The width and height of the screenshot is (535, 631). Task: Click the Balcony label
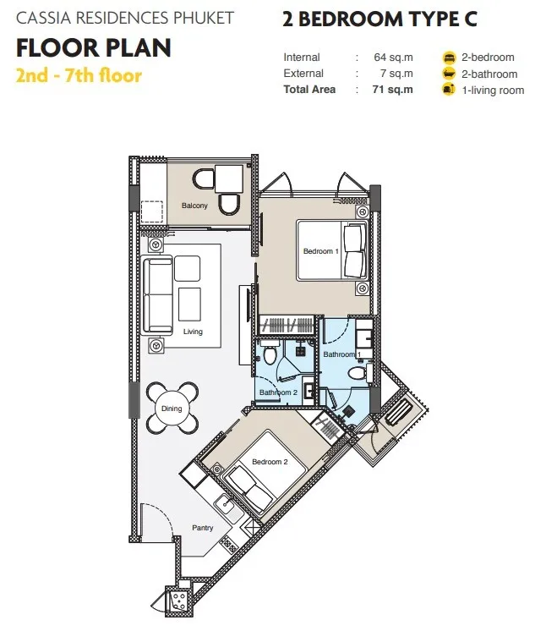click(194, 206)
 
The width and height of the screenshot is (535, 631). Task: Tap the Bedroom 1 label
click(320, 251)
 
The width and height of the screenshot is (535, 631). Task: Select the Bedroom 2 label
click(270, 462)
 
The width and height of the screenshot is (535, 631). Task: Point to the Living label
click(193, 332)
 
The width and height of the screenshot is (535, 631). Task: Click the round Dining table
click(172, 409)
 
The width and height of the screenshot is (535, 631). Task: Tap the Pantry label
click(202, 528)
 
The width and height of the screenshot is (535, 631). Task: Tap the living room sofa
click(158, 295)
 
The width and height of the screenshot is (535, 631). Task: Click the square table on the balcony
click(229, 178)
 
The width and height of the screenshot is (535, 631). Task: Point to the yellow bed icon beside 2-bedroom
click(449, 58)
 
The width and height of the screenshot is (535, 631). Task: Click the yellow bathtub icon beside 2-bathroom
click(449, 74)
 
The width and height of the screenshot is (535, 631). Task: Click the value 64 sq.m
click(393, 58)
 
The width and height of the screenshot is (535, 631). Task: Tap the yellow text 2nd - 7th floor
click(79, 75)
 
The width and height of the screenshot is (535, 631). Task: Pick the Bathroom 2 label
click(278, 392)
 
